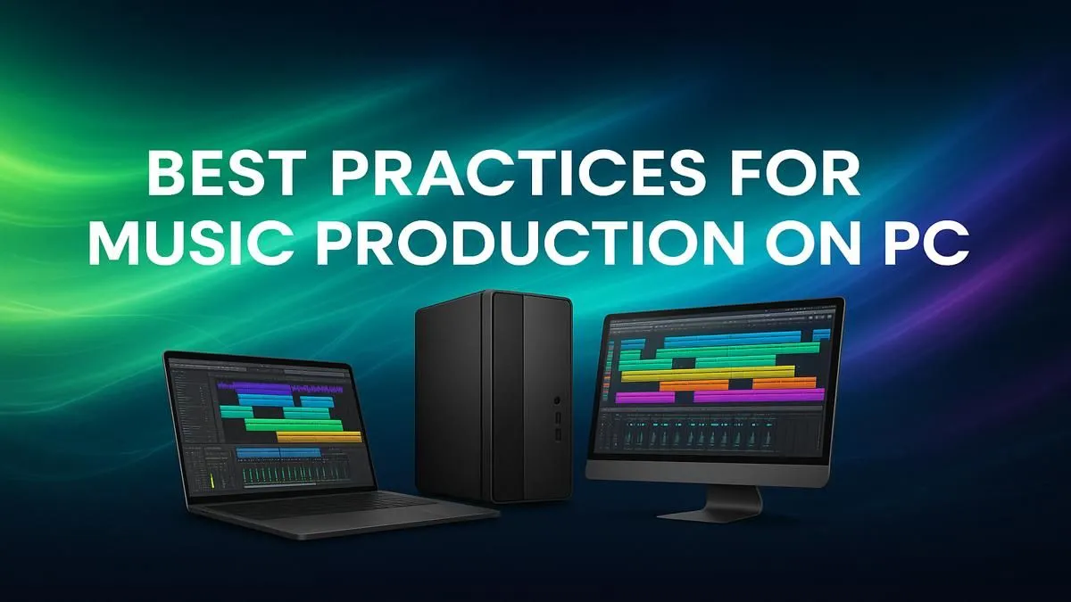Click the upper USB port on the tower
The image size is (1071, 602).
pyautogui.click(x=557, y=418)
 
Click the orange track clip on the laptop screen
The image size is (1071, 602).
pyautogui.click(x=319, y=437)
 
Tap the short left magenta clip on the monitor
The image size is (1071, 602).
pyautogui.click(x=644, y=398)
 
